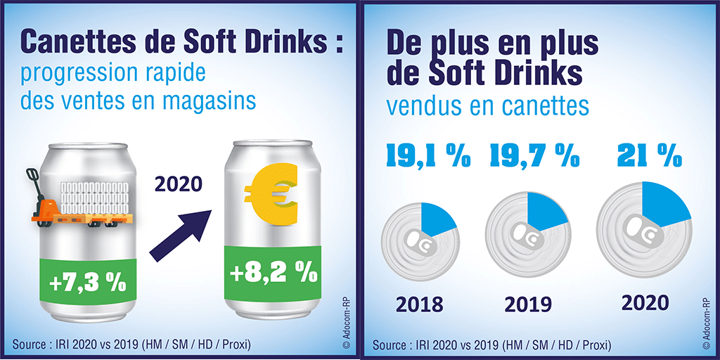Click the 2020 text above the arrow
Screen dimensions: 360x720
tap(178, 184)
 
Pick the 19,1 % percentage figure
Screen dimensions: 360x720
tap(424, 155)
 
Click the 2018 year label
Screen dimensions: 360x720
tap(419, 304)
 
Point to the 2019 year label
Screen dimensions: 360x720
tap(529, 304)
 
